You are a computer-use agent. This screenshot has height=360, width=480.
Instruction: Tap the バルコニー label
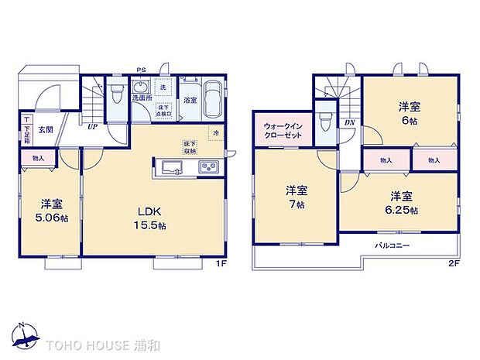[x=393, y=245]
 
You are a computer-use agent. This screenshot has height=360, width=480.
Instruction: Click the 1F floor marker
[x=220, y=262]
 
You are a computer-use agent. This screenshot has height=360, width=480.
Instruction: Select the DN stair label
[x=350, y=122]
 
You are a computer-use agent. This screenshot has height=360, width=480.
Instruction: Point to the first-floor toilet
[x=115, y=95]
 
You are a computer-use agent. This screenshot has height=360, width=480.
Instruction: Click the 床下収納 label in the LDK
[x=189, y=147]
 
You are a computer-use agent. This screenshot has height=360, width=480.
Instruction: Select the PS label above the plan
[x=142, y=70]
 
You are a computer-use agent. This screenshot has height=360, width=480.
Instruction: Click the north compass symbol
[x=26, y=334]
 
